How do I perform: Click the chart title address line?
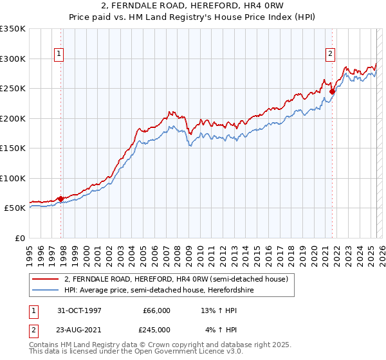coord(193,6)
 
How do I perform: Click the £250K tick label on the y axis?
coord(13,89)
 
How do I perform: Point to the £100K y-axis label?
coord(13,178)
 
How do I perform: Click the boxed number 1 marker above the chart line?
coord(59,55)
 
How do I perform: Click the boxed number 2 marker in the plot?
coord(330,55)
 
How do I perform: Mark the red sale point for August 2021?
coord(332,91)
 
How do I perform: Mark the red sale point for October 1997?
coord(61,199)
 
